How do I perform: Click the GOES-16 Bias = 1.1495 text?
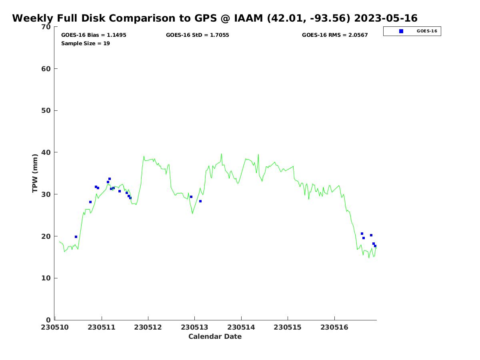[94, 35]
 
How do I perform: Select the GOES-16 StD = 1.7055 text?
[198, 35]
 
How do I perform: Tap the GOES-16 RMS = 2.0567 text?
[335, 35]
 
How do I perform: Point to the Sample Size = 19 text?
[86, 44]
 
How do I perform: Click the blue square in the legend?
[401, 31]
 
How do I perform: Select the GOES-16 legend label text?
[427, 31]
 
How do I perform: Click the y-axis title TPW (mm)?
[35, 173]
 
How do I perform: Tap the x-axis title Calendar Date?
[215, 337]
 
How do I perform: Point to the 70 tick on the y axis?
[46, 27]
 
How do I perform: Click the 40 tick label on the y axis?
[46, 153]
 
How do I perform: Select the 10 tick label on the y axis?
[46, 278]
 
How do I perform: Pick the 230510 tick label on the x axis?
[55, 327]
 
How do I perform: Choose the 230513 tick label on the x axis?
[195, 327]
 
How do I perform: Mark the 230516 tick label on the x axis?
[334, 327]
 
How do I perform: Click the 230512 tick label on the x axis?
[148, 327]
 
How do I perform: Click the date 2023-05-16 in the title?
[386, 18]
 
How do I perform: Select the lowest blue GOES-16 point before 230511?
[76, 237]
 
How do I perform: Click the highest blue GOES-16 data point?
[110, 179]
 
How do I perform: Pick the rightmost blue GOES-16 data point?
[375, 246]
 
